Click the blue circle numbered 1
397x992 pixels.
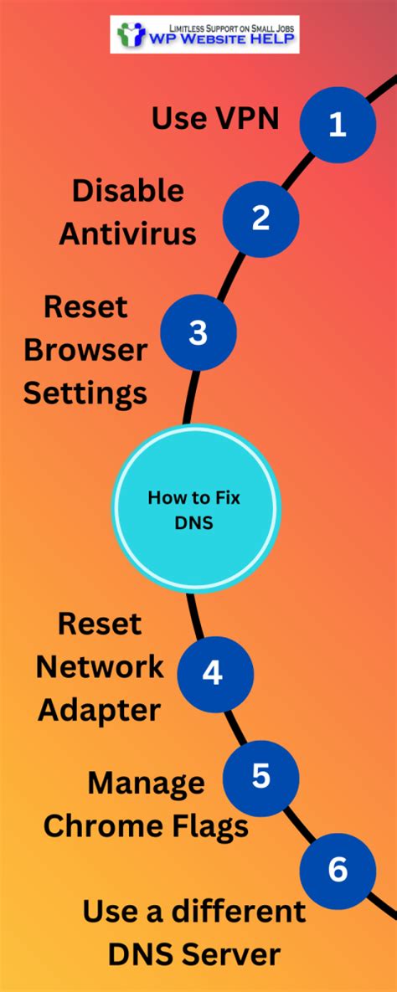coord(337,125)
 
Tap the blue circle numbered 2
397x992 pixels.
coord(260,218)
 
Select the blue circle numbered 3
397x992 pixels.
coord(198,332)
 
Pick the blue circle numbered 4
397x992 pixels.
coord(213,672)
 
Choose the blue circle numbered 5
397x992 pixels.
coord(260,776)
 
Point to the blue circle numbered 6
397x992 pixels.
coord(337,871)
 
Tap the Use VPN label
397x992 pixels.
coord(214,120)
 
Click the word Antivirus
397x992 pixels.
coord(127,234)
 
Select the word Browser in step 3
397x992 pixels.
coord(86,349)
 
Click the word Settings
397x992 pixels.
coord(85,393)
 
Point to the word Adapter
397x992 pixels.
coord(99,711)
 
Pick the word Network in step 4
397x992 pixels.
coord(101,667)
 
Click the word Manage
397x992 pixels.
coord(146,784)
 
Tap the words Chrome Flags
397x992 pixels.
coord(146,827)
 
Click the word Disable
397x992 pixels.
coord(127,191)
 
